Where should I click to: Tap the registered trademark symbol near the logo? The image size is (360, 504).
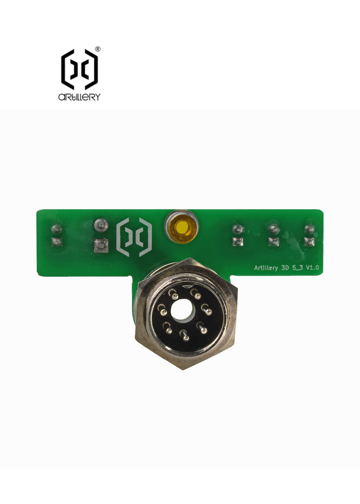pyautogui.click(x=97, y=49)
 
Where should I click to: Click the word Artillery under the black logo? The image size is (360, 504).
pyautogui.click(x=79, y=97)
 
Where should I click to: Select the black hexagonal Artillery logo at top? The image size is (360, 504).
pyautogui.click(x=79, y=69)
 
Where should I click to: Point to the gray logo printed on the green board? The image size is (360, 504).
pyautogui.click(x=134, y=237)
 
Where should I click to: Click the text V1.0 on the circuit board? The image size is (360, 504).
pyautogui.click(x=312, y=267)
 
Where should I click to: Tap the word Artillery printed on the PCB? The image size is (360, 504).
pyautogui.click(x=266, y=268)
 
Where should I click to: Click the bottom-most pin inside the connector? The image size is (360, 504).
pyautogui.click(x=186, y=338)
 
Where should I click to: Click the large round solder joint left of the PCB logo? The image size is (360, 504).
pyautogui.click(x=100, y=224)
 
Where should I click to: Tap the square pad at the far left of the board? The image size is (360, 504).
pyautogui.click(x=56, y=241)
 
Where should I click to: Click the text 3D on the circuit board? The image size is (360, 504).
pyautogui.click(x=285, y=267)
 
